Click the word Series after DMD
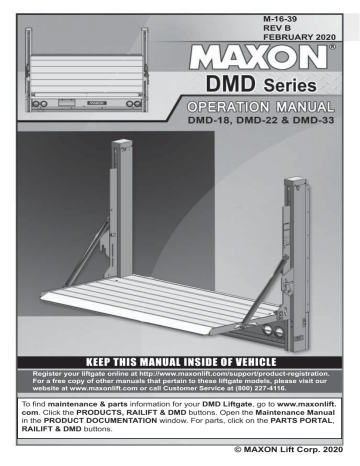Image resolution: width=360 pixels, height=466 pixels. [298, 82]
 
